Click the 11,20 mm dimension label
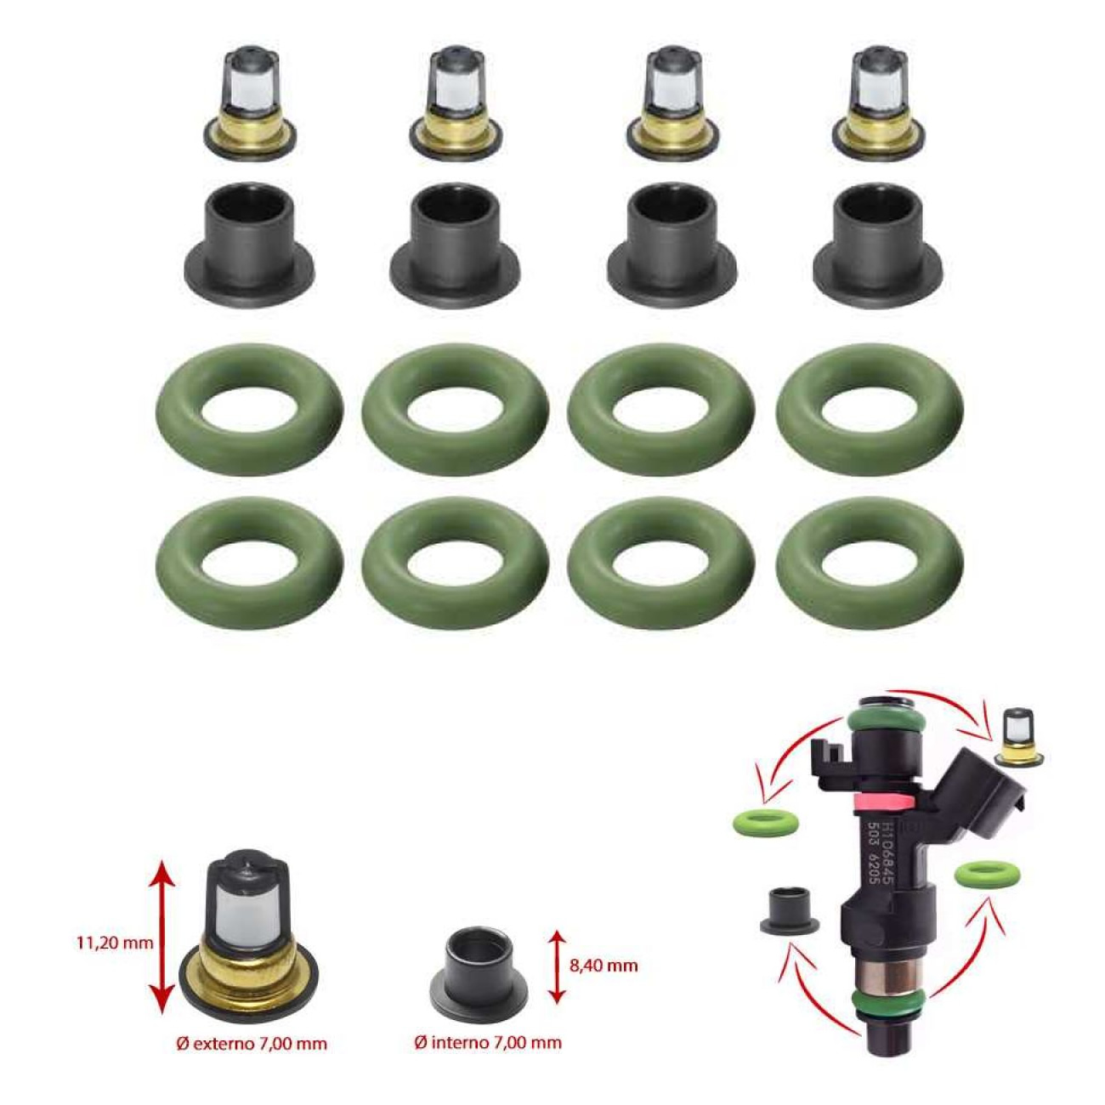coord(115,942)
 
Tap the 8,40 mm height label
coord(603,966)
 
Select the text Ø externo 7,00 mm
coord(252,1043)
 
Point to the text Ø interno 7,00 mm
coord(488,1042)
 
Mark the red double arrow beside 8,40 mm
coord(556,966)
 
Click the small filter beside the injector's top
coord(1015,738)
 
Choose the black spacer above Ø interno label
coord(478,972)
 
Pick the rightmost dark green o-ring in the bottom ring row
coord(869,564)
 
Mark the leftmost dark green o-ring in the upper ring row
coord(250,409)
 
